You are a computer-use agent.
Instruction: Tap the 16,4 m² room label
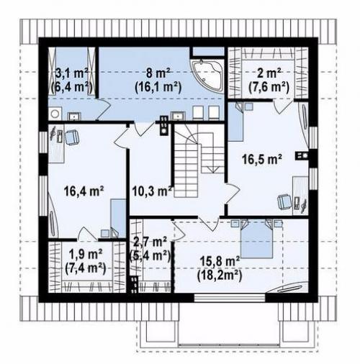click(84, 191)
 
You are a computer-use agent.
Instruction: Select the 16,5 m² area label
click(262, 159)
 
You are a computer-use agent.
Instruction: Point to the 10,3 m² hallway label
click(152, 191)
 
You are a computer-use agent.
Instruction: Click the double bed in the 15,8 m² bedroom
click(257, 239)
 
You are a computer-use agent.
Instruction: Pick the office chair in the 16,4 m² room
click(72, 137)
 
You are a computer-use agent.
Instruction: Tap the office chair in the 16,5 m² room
click(284, 202)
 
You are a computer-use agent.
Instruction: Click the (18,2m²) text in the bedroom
click(220, 275)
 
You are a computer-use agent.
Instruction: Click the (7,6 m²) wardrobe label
click(269, 87)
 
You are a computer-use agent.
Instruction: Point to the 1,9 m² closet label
click(86, 255)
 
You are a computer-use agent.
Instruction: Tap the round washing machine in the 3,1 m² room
click(55, 114)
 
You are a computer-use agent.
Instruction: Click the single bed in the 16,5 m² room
click(235, 122)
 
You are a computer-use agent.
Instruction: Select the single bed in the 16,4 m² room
click(118, 218)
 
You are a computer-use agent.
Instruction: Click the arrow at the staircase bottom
click(212, 170)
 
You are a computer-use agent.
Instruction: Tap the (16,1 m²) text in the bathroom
click(158, 87)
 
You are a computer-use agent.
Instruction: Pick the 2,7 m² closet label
click(150, 242)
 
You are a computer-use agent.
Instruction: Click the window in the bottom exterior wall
click(230, 298)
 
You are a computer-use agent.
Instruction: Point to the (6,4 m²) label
click(72, 87)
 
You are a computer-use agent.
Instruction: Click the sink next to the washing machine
click(75, 117)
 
